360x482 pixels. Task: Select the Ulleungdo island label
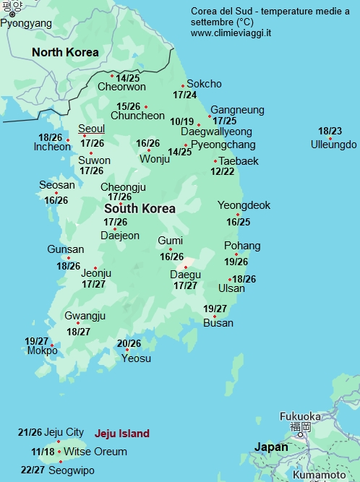[333, 145]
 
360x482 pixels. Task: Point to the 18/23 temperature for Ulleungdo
[330, 131]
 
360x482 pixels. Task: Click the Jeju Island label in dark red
[122, 434]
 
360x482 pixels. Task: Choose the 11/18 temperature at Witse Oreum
[43, 452]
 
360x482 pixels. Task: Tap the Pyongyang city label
[26, 23]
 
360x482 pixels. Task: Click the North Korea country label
[65, 52]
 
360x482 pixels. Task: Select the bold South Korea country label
[140, 208]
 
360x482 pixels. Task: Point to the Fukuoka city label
[300, 416]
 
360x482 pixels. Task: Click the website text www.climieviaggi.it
[232, 33]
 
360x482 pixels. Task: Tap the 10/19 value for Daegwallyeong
[182, 121]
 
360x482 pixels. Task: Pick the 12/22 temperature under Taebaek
[223, 171]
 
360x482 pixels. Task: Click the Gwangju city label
[85, 316]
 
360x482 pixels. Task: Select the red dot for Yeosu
[127, 350]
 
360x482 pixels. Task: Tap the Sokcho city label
[204, 84]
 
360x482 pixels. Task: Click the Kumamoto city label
[320, 475]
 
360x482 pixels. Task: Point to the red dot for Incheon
[68, 140]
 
